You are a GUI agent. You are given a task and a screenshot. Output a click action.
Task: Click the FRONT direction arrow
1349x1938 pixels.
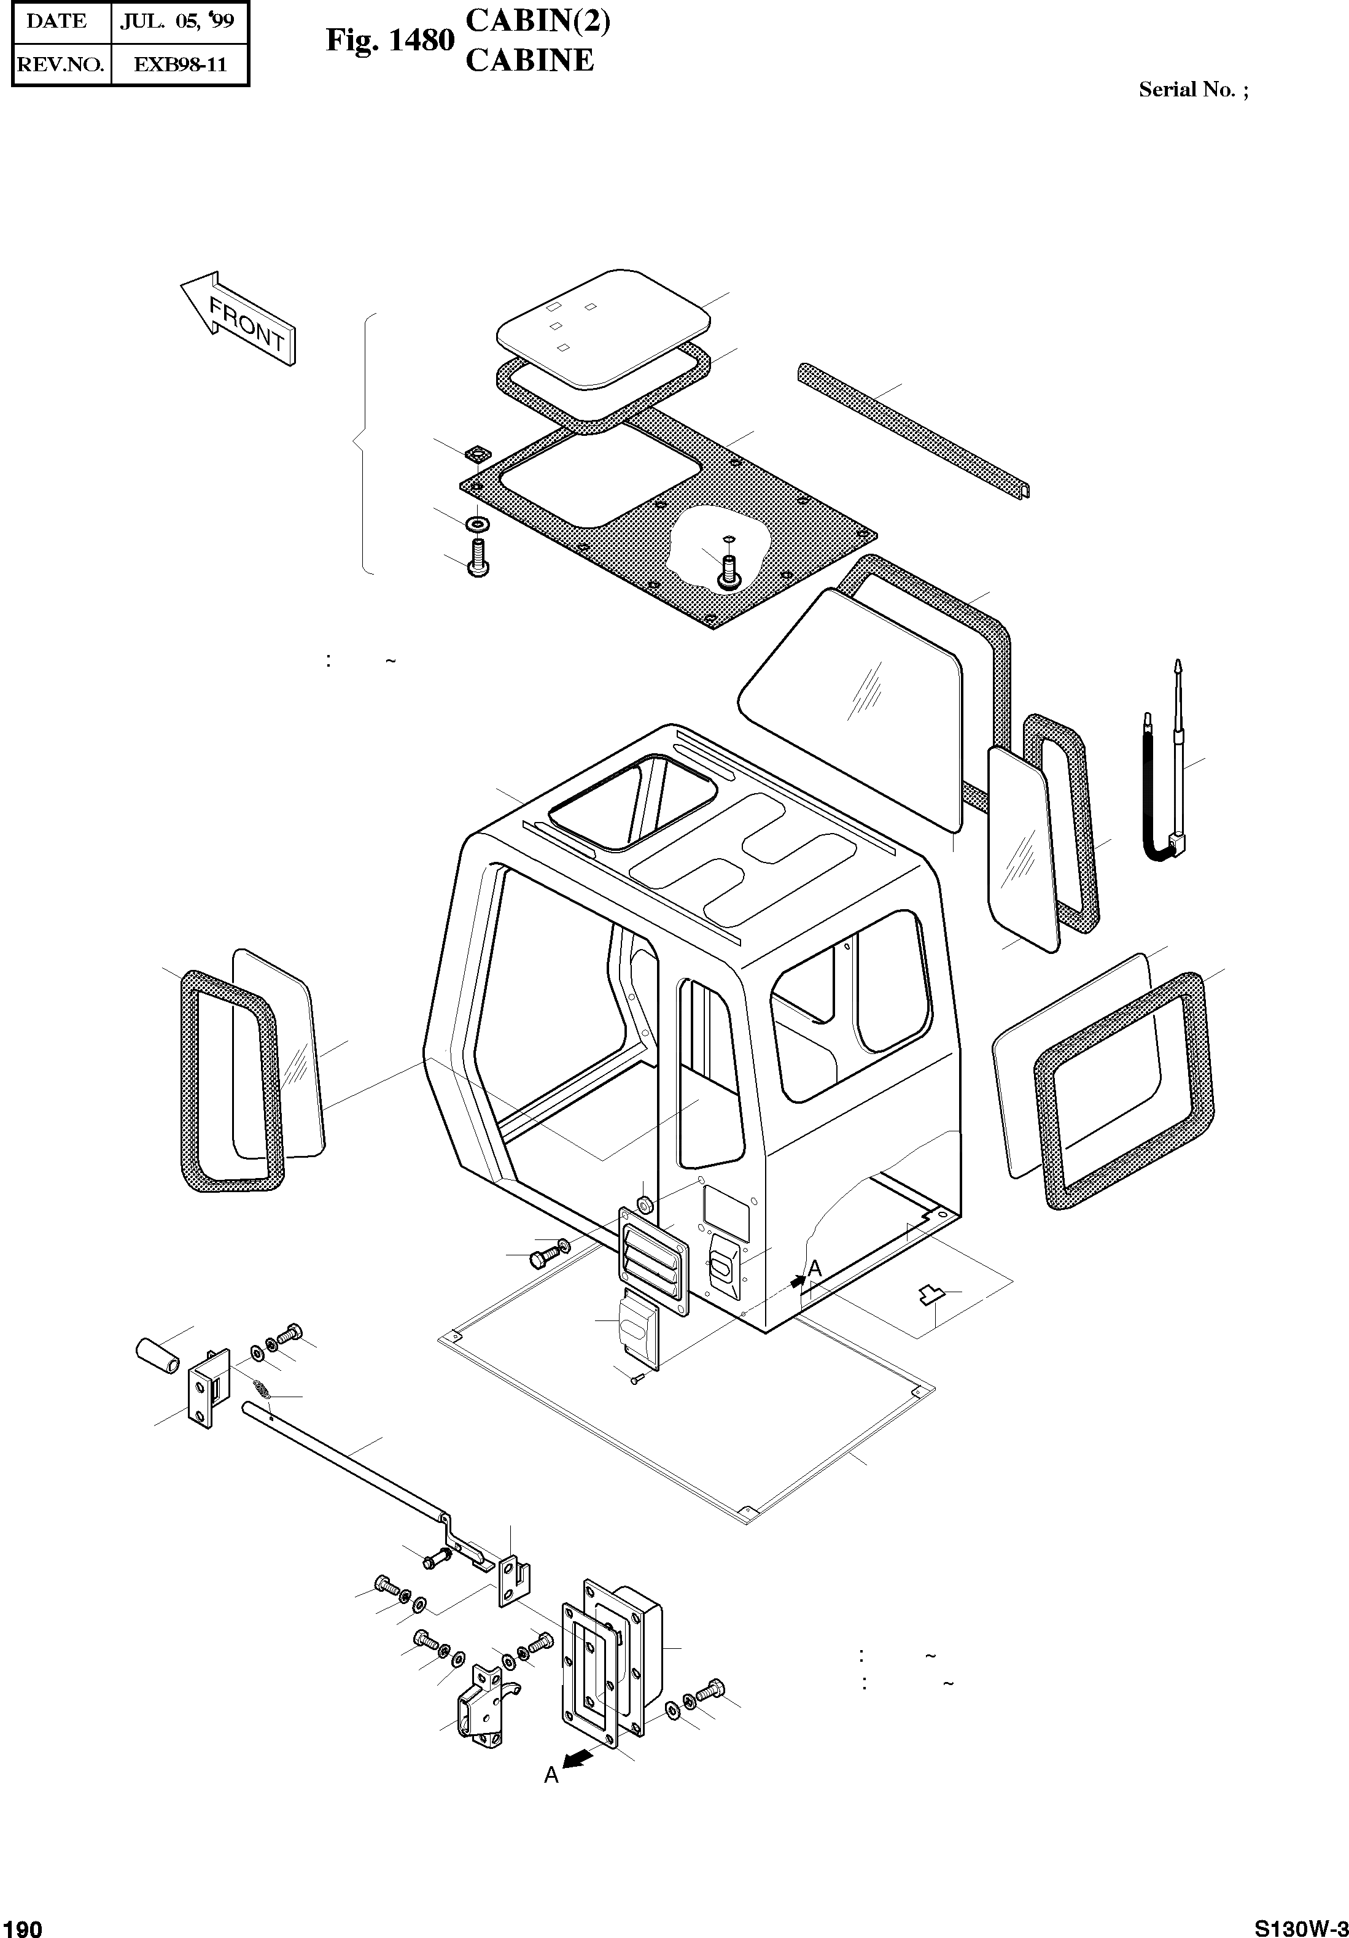238,318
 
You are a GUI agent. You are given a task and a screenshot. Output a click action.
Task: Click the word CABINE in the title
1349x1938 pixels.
529,61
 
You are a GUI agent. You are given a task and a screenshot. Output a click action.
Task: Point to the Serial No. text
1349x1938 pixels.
1192,90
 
